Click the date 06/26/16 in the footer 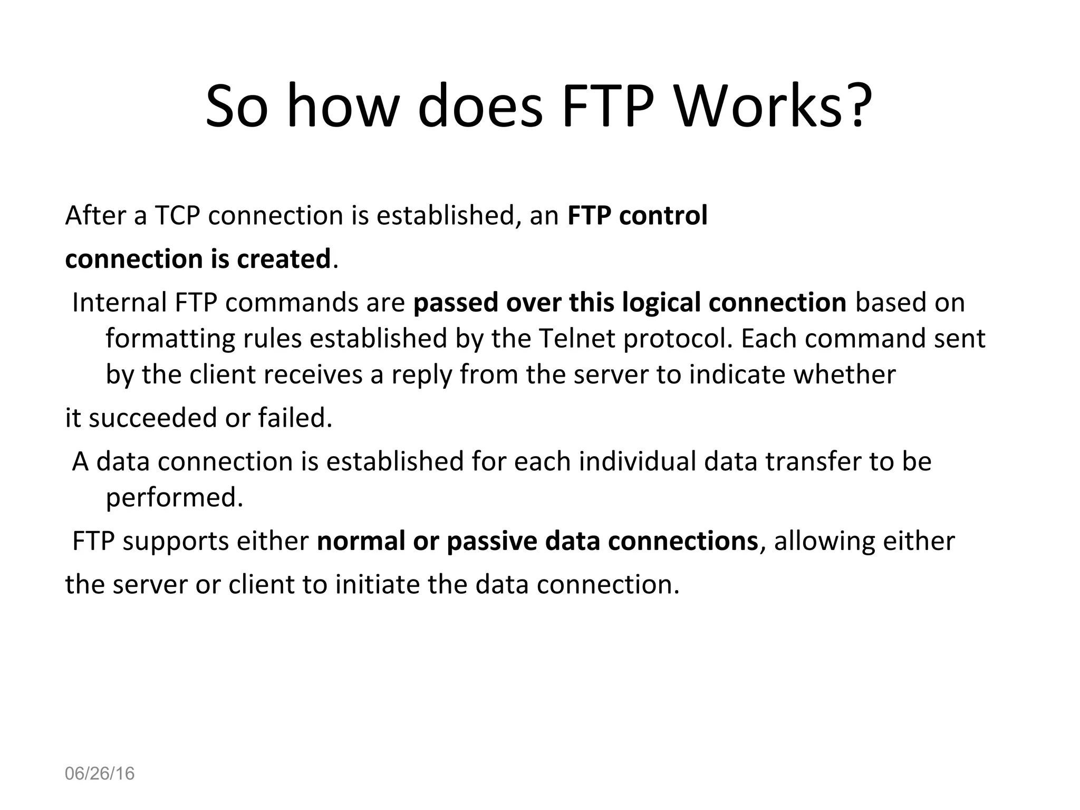coord(100,774)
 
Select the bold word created coord(284,258)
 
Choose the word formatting coord(170,338)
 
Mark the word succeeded coord(152,418)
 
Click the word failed coord(295,418)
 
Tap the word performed coord(174,497)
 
